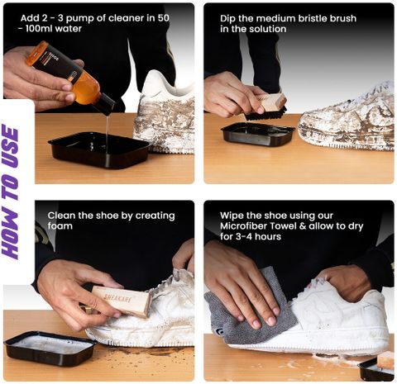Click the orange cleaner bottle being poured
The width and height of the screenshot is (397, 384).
70,77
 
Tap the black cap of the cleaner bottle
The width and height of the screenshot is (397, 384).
105,105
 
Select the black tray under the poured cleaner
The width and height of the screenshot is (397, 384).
98,150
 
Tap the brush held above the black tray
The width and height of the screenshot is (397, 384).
266,107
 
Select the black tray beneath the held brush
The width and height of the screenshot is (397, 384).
258,134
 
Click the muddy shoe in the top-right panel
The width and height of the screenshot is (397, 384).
347,118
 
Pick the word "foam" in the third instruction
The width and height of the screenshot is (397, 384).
60,226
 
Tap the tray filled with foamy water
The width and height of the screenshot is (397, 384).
50,348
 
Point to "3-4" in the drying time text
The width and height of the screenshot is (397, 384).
246,237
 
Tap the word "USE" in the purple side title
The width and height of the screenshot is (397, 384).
10,147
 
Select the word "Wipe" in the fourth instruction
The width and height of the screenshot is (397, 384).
232,216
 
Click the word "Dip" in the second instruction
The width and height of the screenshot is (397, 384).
227,19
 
